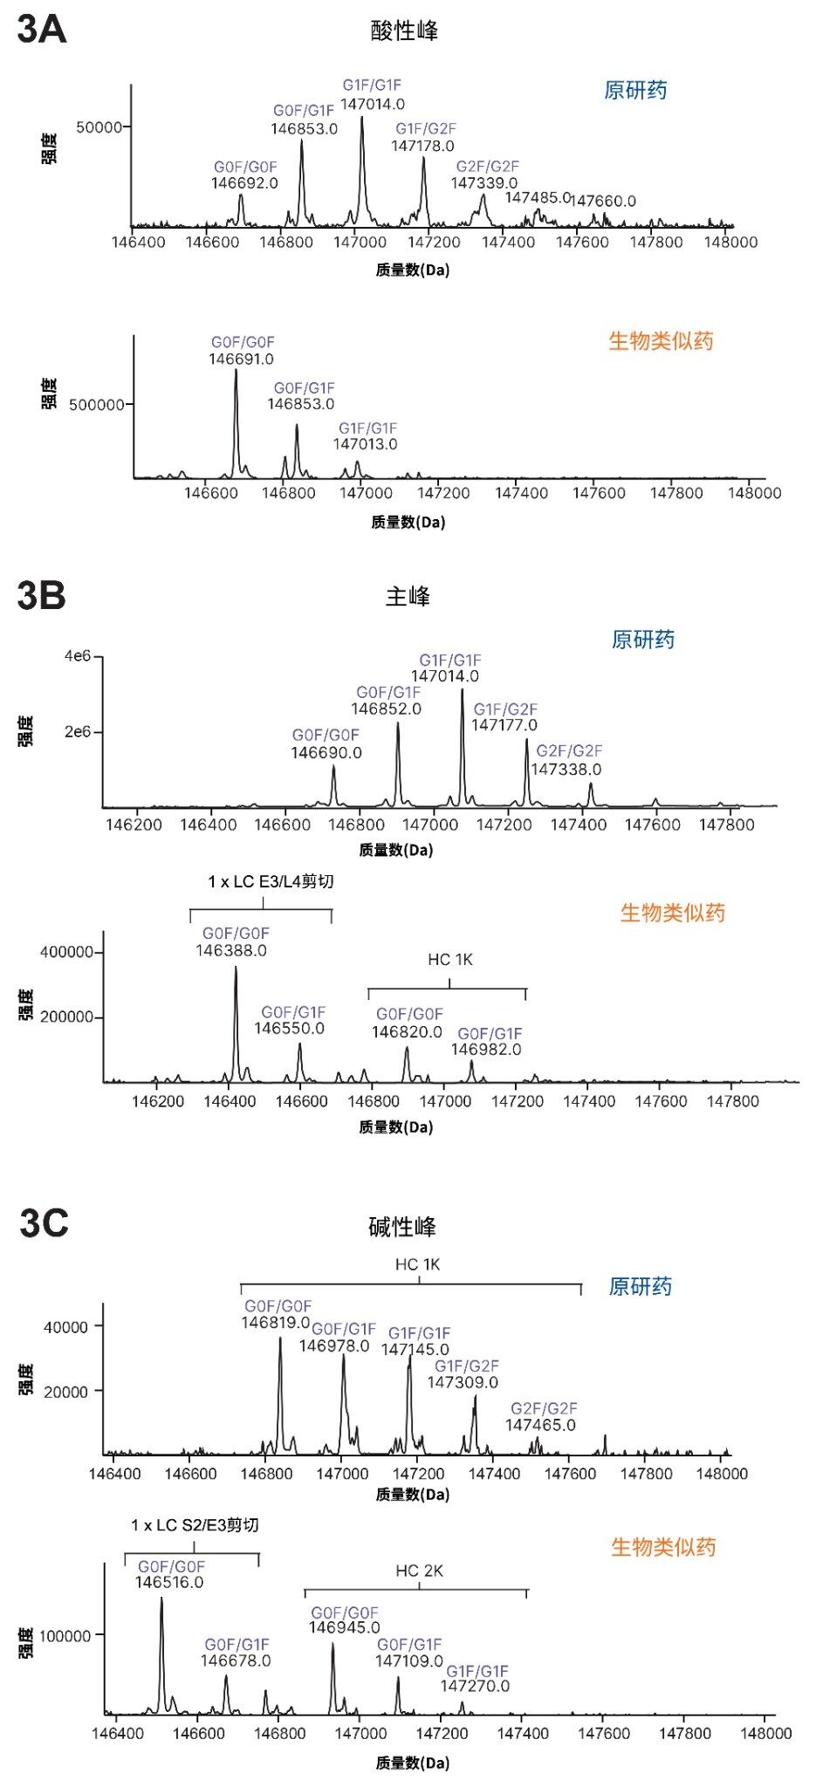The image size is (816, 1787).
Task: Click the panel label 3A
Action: (x=41, y=30)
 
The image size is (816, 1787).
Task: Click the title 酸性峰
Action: (x=404, y=31)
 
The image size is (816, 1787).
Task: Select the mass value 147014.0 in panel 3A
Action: (x=372, y=104)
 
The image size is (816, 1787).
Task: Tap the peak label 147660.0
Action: (x=603, y=202)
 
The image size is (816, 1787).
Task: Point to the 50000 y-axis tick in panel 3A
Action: (x=99, y=127)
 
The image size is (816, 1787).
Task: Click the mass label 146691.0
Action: (x=241, y=359)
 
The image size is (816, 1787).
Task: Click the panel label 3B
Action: (x=41, y=596)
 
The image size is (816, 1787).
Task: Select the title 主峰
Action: (x=408, y=597)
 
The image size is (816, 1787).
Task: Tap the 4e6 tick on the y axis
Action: (x=77, y=655)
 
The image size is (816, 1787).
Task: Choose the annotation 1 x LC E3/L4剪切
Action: (x=271, y=882)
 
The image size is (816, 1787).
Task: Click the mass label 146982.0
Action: (x=486, y=1050)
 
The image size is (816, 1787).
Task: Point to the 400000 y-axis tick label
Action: (x=67, y=952)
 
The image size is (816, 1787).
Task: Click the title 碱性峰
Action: (x=401, y=1227)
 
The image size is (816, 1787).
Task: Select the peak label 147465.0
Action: (x=540, y=1425)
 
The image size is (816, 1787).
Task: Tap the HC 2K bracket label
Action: (x=419, y=1571)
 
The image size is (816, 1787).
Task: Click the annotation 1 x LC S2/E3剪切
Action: (x=195, y=1525)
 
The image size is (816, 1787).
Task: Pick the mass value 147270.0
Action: (x=475, y=1686)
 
